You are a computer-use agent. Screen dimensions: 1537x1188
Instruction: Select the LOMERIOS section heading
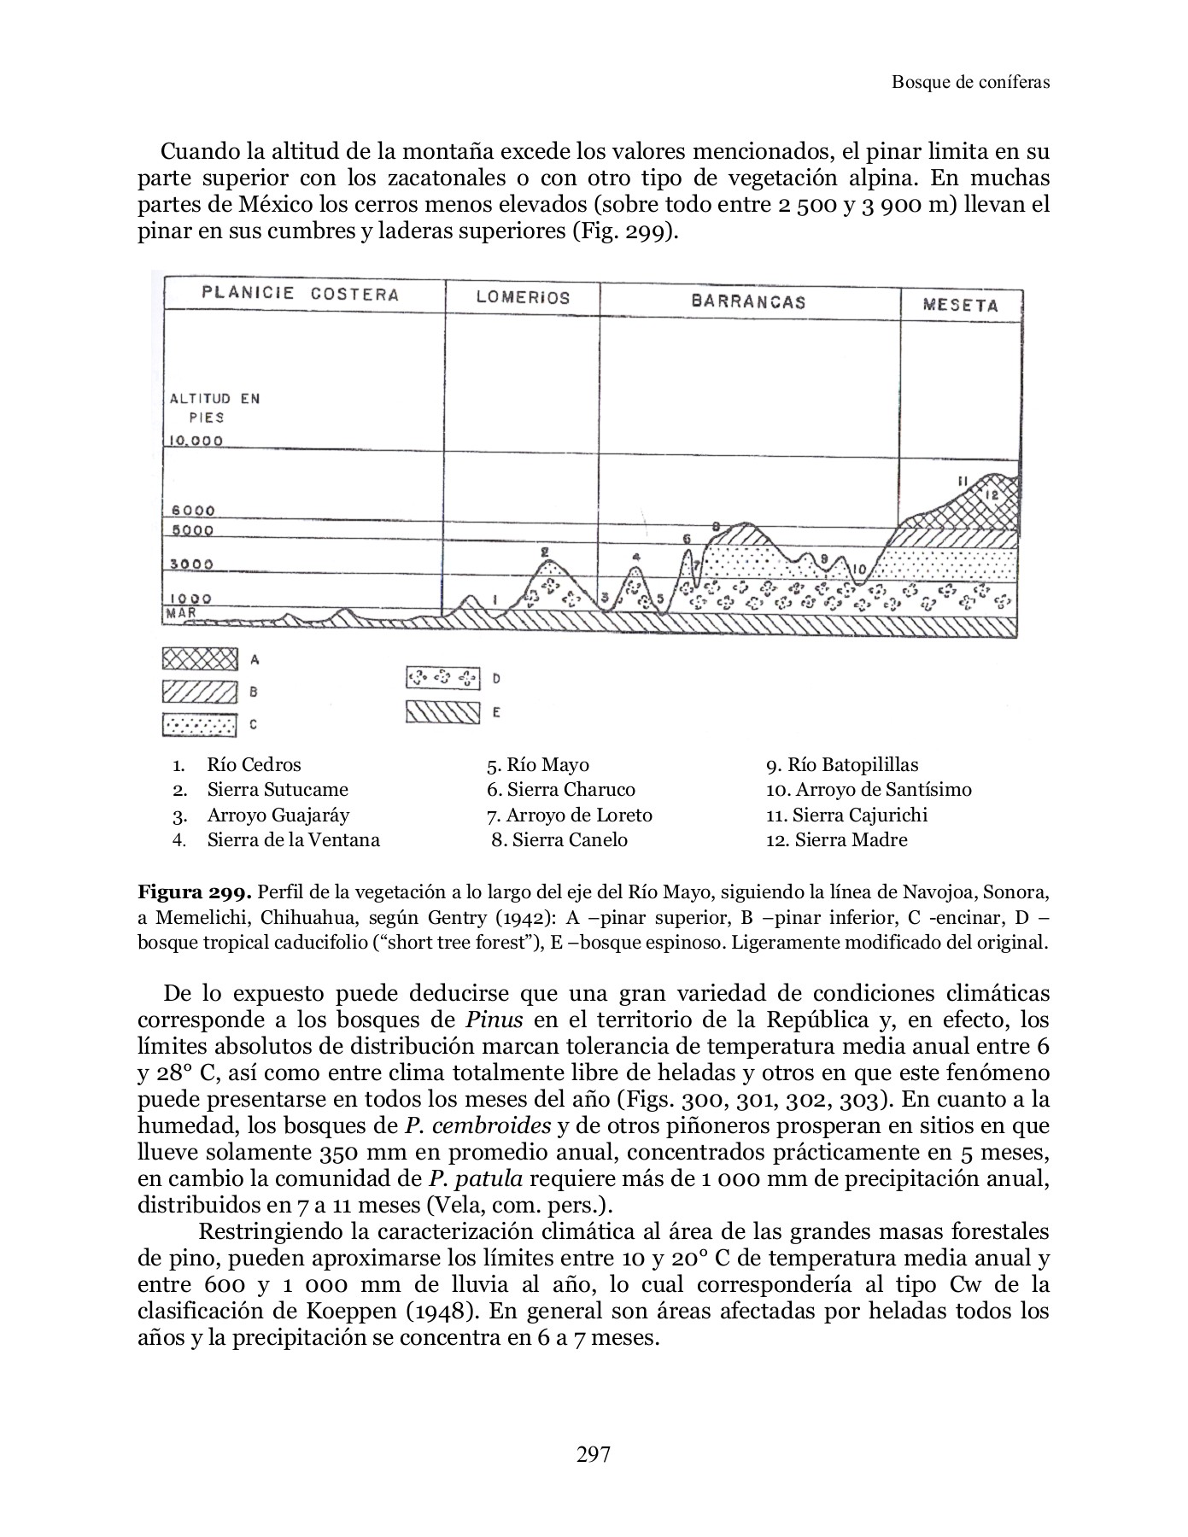tap(523, 298)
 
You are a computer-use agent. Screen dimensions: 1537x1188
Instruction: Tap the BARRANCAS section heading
tap(748, 301)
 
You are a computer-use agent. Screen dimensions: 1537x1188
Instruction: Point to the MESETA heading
tap(960, 306)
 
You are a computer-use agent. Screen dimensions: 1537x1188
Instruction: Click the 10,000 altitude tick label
tap(196, 441)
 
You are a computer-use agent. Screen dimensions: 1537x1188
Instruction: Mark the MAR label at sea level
tap(181, 612)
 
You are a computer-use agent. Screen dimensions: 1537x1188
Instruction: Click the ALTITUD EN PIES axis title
tap(214, 407)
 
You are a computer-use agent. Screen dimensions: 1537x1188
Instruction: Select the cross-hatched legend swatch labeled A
tap(198, 659)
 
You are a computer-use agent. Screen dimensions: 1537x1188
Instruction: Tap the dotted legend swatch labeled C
tap(198, 725)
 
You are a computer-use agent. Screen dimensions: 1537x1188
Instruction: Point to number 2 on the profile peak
tap(545, 552)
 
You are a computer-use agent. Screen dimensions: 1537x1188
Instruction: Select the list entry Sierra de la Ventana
tap(293, 839)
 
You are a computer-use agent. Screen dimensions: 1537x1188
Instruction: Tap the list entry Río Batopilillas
tap(842, 765)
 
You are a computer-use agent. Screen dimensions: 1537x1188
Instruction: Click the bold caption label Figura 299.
tap(195, 893)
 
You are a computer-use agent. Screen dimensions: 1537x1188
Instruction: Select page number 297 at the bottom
tap(594, 1454)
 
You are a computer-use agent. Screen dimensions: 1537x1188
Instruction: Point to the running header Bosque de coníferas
tap(970, 82)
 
